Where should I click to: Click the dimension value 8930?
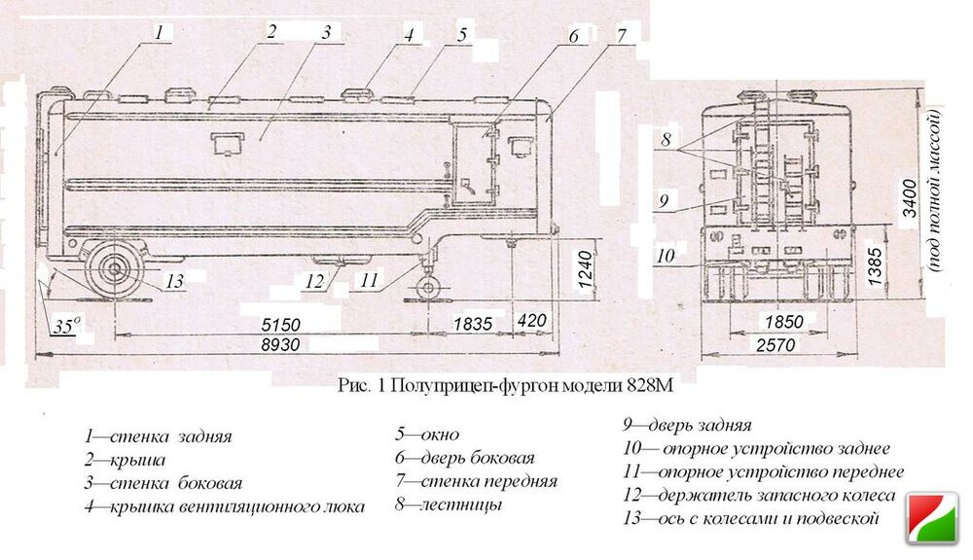(x=280, y=345)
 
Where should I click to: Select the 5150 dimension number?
(x=280, y=325)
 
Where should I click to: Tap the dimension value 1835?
(x=472, y=324)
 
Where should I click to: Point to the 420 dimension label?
(x=532, y=321)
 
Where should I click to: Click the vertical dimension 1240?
(x=586, y=269)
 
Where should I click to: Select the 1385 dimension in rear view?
(x=875, y=266)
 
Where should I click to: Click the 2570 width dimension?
(x=775, y=345)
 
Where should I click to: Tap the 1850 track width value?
(x=783, y=322)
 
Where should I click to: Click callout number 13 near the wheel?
(x=175, y=281)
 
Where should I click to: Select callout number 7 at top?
(x=622, y=35)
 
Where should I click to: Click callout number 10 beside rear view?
(x=666, y=255)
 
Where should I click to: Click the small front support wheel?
(x=428, y=289)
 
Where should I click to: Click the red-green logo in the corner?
(x=932, y=518)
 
